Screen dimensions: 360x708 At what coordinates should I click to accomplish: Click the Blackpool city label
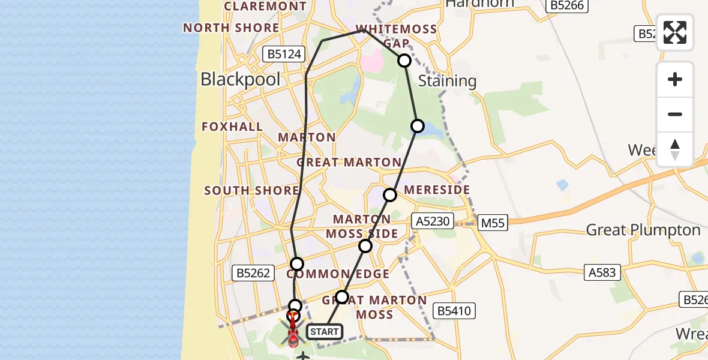coord(240,79)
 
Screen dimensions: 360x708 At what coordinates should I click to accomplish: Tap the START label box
coord(324,331)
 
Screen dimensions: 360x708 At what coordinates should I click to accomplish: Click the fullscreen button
coord(675,32)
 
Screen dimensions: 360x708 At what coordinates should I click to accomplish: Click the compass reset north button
coord(675,149)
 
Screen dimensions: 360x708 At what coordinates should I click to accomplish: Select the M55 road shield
coord(493,223)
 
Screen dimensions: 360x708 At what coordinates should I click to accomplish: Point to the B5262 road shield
coord(253,274)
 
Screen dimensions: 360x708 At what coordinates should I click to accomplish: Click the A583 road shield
coord(602,272)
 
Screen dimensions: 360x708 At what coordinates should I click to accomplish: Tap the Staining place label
coord(447,81)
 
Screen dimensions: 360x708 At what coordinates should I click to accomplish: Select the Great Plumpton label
coord(643,230)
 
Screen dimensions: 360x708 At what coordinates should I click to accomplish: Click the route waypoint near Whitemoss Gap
coord(404,61)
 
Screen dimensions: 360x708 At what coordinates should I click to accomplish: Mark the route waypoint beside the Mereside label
coord(390,195)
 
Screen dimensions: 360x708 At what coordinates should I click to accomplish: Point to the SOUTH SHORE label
coord(251,191)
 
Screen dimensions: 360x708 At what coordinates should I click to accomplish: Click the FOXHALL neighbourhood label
coord(232,127)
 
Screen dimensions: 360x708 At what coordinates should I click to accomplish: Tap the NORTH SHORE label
coord(231,28)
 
